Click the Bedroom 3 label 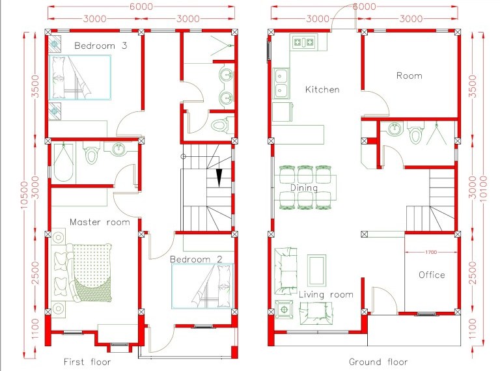101,46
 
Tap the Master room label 100,222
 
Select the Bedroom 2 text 196,259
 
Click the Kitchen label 322,90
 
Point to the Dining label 304,188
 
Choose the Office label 432,275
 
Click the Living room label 326,294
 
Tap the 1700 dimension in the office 431,252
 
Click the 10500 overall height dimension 25,195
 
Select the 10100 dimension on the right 484,189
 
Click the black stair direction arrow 219,178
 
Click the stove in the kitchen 304,42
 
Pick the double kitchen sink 281,83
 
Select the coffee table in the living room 316,270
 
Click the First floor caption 87,362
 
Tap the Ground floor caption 378,362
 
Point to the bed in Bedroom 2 202,286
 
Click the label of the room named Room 410,76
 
